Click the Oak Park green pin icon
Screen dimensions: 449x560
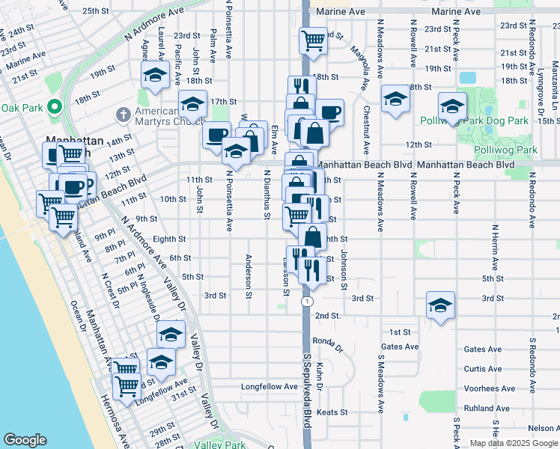tap(53, 107)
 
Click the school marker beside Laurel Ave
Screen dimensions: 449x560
tap(155, 73)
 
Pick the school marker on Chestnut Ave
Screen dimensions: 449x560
tap(395, 98)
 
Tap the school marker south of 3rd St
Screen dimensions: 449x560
tap(440, 304)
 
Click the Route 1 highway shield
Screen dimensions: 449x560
tap(307, 301)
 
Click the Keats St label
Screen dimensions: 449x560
tap(332, 412)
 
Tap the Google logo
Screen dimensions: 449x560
tap(25, 440)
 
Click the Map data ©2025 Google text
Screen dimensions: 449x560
tap(513, 443)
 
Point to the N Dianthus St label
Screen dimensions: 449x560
tap(267, 195)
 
